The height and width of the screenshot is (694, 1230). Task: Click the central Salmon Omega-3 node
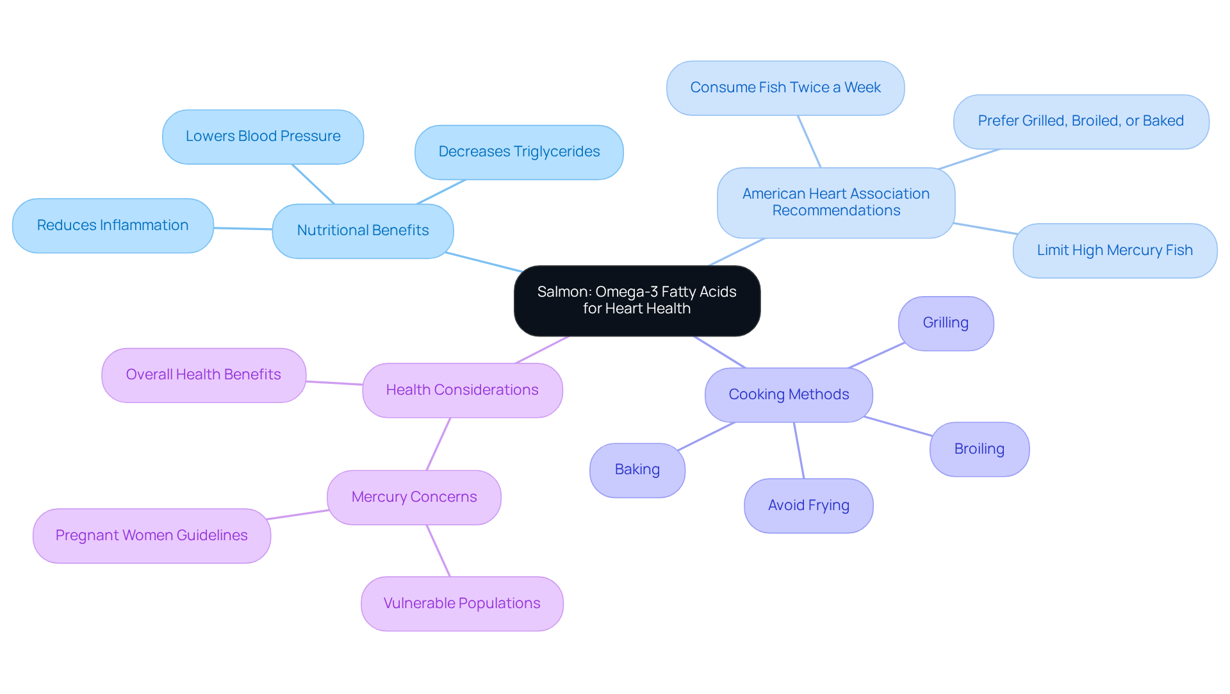637,301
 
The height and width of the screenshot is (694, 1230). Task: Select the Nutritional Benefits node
363,231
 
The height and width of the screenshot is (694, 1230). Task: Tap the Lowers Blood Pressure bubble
263,136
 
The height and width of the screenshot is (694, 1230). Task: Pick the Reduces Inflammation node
113,226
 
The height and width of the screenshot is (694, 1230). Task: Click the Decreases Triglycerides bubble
519,152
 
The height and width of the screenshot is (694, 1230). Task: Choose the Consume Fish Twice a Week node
785,88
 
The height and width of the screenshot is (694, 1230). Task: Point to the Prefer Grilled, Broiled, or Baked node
1081,121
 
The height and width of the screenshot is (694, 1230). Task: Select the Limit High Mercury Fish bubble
1115,251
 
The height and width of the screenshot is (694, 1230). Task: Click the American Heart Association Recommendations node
836,202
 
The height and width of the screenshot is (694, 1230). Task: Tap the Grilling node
946,323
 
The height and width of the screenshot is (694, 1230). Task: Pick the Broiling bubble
980,449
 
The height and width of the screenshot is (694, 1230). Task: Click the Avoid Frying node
808,506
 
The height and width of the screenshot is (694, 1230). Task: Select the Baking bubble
637,470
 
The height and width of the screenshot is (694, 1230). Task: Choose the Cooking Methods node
789,395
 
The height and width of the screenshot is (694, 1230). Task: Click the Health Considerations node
462,390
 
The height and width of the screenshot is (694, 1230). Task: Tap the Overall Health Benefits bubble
204,375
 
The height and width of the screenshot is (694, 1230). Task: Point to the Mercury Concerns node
414,497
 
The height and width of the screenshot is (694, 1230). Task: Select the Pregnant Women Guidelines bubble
152,536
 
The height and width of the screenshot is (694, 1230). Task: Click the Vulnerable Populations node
462,604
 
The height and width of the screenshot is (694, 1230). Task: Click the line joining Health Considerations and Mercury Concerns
439,443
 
